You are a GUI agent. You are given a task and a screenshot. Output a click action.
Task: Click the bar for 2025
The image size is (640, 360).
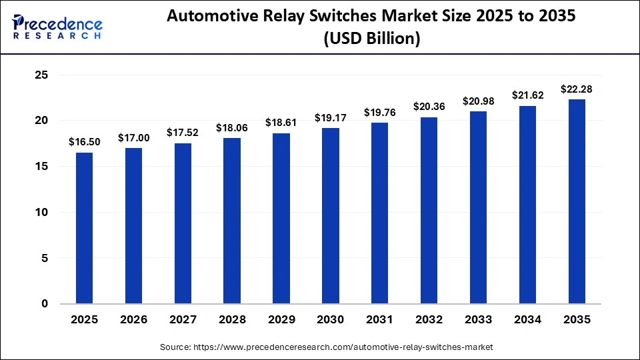tap(84, 228)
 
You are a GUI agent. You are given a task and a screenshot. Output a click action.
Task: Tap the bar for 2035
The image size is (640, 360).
tap(577, 201)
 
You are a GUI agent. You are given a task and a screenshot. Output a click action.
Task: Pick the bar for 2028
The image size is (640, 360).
tap(232, 221)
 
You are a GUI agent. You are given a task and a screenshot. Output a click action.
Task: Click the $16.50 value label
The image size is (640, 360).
tap(84, 142)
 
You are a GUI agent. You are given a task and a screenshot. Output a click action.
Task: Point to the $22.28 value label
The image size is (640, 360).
tap(577, 89)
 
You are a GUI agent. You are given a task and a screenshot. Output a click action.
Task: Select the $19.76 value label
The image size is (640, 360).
tap(380, 113)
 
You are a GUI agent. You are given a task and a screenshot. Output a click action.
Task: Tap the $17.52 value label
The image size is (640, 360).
tap(183, 133)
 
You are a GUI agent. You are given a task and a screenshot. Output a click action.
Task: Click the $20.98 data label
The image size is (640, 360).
tap(479, 101)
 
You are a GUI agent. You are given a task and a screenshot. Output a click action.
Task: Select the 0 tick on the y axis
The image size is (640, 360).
tap(45, 303)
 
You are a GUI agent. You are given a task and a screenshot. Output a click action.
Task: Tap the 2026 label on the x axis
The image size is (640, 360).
tap(133, 320)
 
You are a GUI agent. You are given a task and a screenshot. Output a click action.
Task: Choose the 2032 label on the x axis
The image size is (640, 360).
tap(429, 320)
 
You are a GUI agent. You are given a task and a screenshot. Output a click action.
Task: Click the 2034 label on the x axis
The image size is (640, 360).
tap(527, 320)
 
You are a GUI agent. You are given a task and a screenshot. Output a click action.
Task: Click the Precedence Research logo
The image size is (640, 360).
tap(57, 25)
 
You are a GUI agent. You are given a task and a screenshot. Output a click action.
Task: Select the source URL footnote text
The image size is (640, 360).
tap(326, 347)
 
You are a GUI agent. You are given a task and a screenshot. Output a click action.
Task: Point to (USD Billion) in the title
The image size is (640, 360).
tap(371, 39)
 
